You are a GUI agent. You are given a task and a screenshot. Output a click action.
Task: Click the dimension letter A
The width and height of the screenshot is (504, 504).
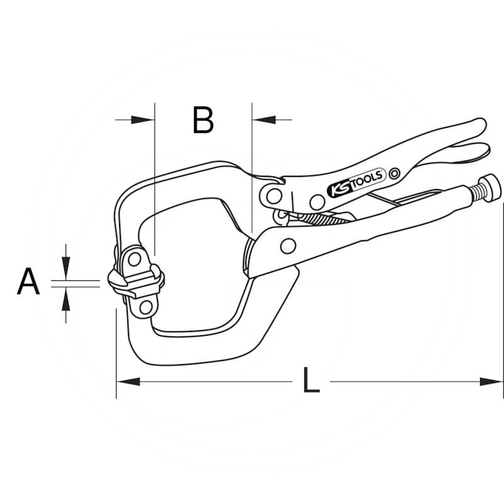click(28, 282)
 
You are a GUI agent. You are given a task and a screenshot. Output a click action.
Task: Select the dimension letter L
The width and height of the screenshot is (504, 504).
click(311, 382)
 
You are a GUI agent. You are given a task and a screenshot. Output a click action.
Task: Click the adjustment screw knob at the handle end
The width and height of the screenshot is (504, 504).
click(490, 188)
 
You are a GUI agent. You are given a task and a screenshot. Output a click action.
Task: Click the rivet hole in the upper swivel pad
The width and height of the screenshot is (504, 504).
click(134, 259)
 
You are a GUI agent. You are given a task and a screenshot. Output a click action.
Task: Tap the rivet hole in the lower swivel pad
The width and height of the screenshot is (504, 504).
click(146, 307)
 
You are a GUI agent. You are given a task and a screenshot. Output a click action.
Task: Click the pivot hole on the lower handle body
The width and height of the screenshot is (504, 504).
click(289, 245)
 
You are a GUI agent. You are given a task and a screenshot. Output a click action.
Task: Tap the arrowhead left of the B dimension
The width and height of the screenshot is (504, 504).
click(143, 118)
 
